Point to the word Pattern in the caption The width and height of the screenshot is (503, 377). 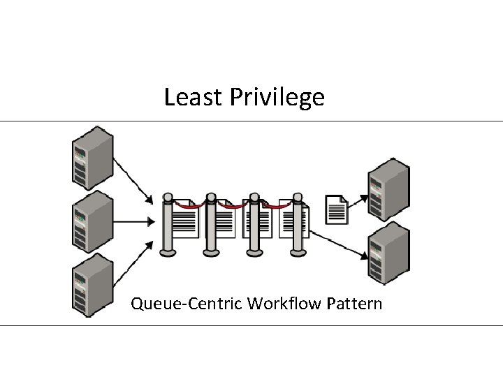[x=356, y=304]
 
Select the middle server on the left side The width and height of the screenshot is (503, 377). [x=93, y=221]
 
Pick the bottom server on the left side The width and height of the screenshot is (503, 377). [x=93, y=285]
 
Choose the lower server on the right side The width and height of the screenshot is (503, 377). [x=389, y=251]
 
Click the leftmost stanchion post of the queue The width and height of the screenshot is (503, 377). [x=168, y=223]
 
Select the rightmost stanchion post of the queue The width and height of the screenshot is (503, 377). [x=298, y=223]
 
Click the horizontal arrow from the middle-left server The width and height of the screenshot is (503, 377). [x=134, y=223]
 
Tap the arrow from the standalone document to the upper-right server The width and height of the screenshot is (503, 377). [x=358, y=201]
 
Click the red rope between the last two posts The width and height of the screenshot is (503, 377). [x=279, y=206]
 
